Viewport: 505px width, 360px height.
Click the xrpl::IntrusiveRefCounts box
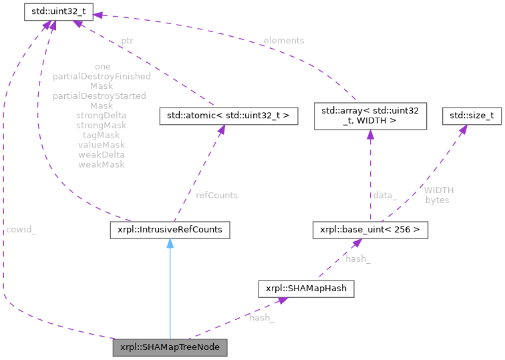coord(170,230)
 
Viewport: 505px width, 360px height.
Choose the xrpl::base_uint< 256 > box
coord(370,230)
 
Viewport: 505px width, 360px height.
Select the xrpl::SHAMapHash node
coord(306,289)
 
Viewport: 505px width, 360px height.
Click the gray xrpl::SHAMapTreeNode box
coord(170,347)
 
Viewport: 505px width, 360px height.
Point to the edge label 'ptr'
coord(127,41)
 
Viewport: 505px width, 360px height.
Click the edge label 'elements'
coord(283,41)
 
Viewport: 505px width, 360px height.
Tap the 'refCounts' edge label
coord(216,195)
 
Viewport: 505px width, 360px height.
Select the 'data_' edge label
coord(385,195)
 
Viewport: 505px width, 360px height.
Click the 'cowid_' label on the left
coord(21,229)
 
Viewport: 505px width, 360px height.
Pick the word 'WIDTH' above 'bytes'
coord(438,190)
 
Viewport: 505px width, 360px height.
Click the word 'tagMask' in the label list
coord(102,135)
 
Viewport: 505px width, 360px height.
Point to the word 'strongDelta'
coord(102,115)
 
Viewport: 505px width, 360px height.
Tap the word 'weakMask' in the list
coord(102,164)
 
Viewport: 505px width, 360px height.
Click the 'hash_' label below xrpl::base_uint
coord(357,258)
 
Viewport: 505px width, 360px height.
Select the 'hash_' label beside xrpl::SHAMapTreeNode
coord(261,317)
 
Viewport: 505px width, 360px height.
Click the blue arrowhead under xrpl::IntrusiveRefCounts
coord(170,243)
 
